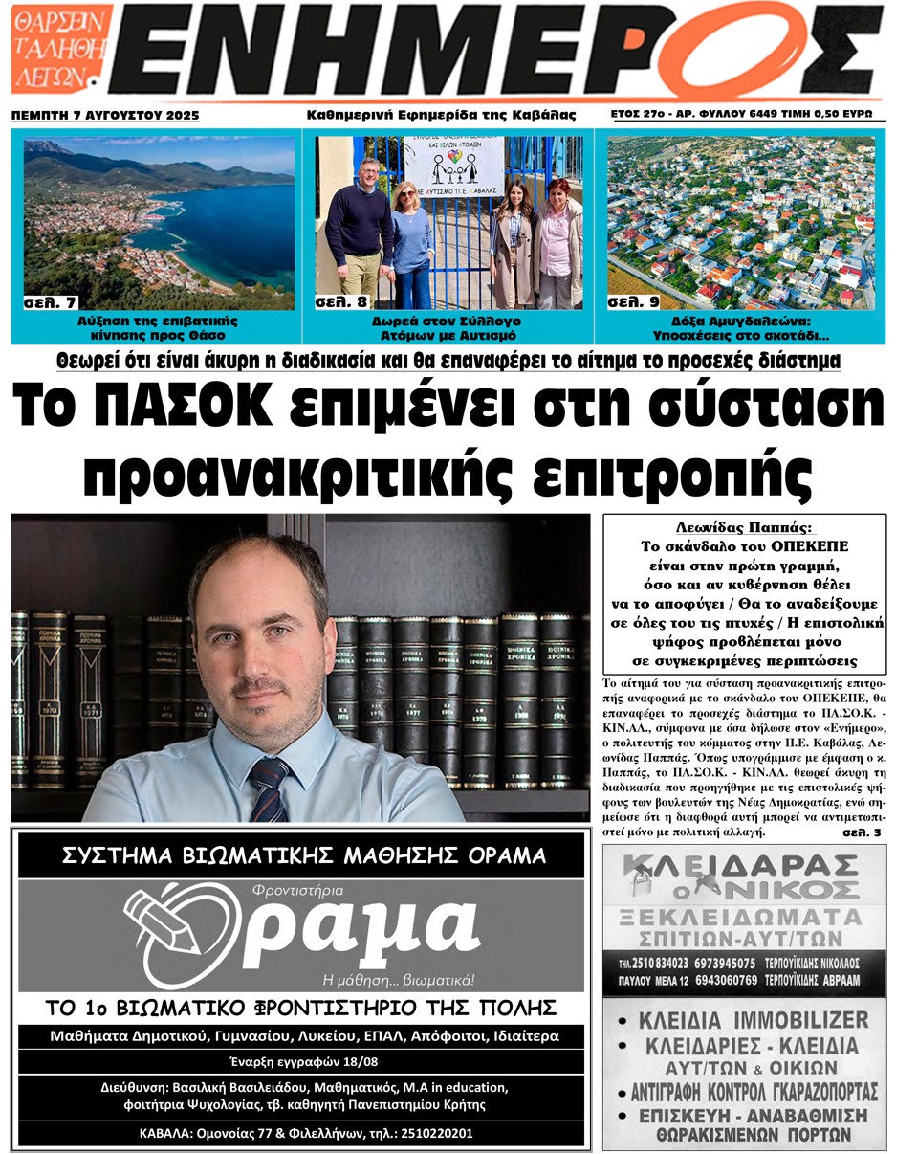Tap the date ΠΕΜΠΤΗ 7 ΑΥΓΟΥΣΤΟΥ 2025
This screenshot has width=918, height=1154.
point(104,115)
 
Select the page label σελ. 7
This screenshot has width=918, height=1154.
point(50,302)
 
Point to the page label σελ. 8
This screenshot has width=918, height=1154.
point(341,302)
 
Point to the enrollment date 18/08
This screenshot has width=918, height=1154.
point(367,1061)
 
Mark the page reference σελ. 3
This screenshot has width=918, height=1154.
point(862,832)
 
